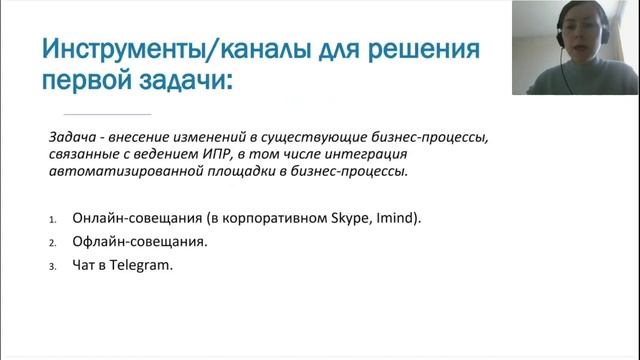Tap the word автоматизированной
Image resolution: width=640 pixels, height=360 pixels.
pyautogui.click(x=120, y=171)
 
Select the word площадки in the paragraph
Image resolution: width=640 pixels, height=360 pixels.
pyautogui.click(x=232, y=171)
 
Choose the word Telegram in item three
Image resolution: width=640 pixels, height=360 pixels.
pyautogui.click(x=141, y=265)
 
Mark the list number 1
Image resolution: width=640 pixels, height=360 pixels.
pyautogui.click(x=51, y=219)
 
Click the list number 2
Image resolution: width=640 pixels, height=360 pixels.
pyautogui.click(x=51, y=243)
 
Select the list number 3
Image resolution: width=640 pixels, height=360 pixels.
pyautogui.click(x=51, y=267)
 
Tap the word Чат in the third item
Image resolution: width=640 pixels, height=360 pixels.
pyautogui.click(x=85, y=265)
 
